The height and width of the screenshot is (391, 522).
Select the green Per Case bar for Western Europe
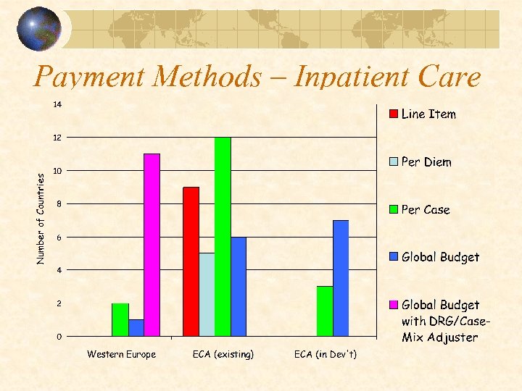tap(120, 320)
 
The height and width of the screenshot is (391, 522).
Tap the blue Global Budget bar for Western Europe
tap(136, 328)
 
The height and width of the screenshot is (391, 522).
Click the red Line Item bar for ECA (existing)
tap(191, 261)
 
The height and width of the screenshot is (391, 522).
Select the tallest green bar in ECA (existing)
tap(223, 237)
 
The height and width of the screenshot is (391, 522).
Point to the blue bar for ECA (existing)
tap(239, 286)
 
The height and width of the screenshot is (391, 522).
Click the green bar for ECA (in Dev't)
tap(325, 311)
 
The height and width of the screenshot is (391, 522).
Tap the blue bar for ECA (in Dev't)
tap(341, 278)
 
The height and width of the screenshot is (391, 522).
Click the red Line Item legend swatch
tap(394, 114)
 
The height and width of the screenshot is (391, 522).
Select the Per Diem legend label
tap(426, 162)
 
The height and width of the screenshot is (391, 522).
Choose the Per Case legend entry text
tap(426, 210)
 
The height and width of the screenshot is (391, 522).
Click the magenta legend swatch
tap(394, 305)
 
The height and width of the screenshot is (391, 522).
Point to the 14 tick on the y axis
tap(57, 105)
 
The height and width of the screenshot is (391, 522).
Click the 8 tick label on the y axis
tap(58, 204)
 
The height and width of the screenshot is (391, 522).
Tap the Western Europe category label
tap(121, 355)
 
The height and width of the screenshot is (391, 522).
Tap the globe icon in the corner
tap(41, 28)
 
